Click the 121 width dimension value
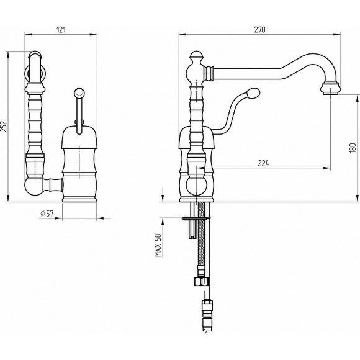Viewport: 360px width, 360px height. pyautogui.click(x=61, y=30)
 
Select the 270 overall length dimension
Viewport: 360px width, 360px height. pyautogui.click(x=259, y=30)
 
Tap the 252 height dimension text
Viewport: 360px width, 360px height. pyautogui.click(x=4, y=126)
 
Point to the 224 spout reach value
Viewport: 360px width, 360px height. pyautogui.click(x=263, y=163)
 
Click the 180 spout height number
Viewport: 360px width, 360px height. pyautogui.click(x=353, y=148)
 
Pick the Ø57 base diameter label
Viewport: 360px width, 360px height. pyautogui.click(x=47, y=214)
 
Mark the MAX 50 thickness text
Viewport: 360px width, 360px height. pyautogui.click(x=158, y=245)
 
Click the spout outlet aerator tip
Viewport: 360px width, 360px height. pyautogui.click(x=331, y=93)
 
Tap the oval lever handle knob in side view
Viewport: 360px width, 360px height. pyautogui.click(x=253, y=93)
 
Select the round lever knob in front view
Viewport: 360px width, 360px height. pyautogui.click(x=79, y=92)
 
